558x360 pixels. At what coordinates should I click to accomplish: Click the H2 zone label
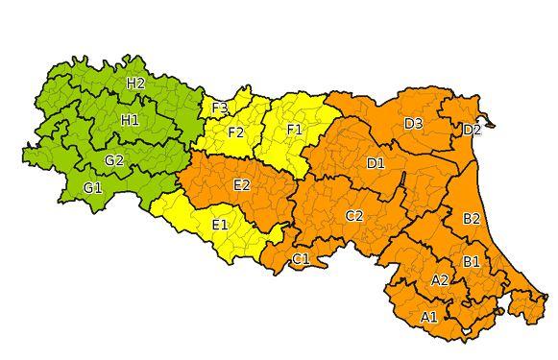[135, 84]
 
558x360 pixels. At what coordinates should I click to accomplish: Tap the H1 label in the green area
[130, 120]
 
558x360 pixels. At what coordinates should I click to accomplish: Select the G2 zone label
[114, 159]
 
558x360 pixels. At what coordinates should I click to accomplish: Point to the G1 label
[92, 187]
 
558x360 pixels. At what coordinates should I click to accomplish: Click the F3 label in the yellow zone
[219, 108]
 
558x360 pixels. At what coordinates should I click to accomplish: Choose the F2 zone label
[235, 132]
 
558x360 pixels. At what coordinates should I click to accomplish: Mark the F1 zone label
[294, 129]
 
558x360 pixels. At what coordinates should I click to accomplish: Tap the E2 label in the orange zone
[242, 184]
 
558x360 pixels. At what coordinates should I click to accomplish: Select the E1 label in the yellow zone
[219, 225]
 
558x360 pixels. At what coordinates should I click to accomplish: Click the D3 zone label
[414, 124]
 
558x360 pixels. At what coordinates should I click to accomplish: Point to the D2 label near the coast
[472, 130]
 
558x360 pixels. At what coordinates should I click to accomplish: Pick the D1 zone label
[376, 163]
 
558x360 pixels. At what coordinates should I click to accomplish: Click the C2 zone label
[354, 216]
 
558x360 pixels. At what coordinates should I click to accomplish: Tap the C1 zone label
[301, 259]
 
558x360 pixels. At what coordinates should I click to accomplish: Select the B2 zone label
[472, 219]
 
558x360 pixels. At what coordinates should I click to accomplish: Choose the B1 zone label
[472, 261]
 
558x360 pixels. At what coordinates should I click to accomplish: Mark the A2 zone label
[440, 280]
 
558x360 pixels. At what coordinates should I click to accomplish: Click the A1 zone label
[429, 317]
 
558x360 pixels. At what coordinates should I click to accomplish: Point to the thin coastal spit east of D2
[491, 122]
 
